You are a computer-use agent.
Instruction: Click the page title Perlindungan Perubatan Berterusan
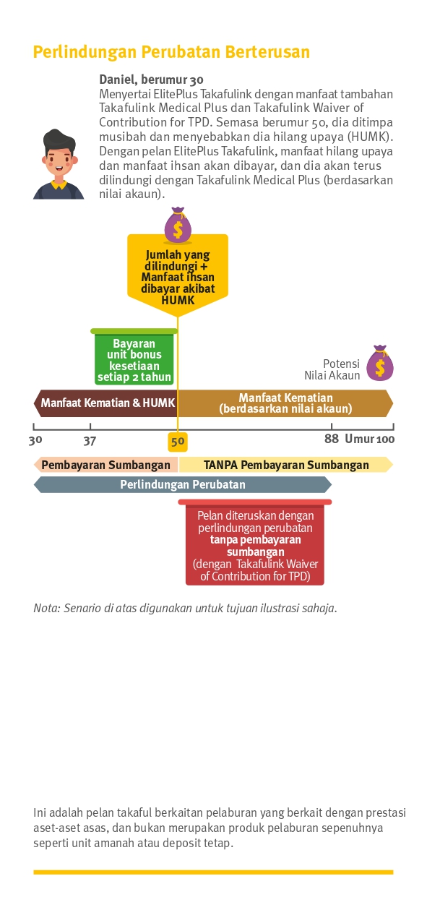171,52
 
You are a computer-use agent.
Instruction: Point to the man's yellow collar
59,185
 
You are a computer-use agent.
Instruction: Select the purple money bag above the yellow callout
178,225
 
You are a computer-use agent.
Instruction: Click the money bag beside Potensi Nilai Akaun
380,363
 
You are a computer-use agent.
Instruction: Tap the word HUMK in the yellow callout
178,300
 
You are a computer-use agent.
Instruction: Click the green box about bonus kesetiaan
134,357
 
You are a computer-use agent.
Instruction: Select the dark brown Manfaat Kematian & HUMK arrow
105,403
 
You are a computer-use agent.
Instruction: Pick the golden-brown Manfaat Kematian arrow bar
285,403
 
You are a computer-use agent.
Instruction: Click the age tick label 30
35,440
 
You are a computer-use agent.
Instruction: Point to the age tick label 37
90,441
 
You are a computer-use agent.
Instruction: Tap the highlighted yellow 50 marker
178,442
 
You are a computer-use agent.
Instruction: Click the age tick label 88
332,439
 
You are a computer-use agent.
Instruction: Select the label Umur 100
369,439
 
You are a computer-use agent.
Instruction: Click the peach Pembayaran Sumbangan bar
106,465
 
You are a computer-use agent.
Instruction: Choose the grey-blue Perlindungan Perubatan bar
183,484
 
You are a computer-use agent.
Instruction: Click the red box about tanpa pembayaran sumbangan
255,543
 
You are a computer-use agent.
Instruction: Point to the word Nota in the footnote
46,608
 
